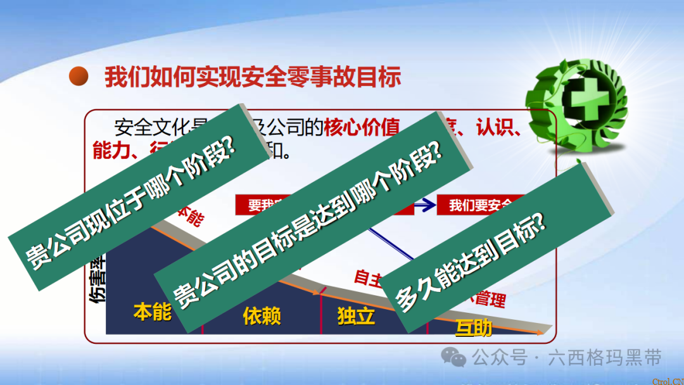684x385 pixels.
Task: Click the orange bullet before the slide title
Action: [x=79, y=77]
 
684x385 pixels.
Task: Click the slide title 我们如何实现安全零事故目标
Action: [x=253, y=77]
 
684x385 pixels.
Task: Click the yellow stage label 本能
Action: [x=152, y=312]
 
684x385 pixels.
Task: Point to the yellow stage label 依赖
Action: [x=262, y=316]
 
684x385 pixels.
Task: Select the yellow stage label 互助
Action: [x=474, y=327]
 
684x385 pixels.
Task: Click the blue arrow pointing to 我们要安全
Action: [x=426, y=205]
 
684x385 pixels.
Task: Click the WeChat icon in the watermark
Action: [x=454, y=358]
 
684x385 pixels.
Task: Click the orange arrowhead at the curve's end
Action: [x=538, y=332]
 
